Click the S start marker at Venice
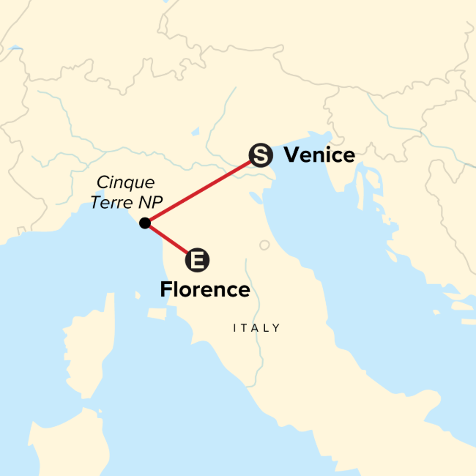tap(261, 155)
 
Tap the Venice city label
tap(319, 155)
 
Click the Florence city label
tap(205, 290)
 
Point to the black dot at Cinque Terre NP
tap(145, 223)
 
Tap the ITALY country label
tap(256, 328)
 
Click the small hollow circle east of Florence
tap(264, 245)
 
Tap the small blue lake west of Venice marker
tap(196, 133)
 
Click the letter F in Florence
tap(166, 290)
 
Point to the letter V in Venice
tap(290, 155)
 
